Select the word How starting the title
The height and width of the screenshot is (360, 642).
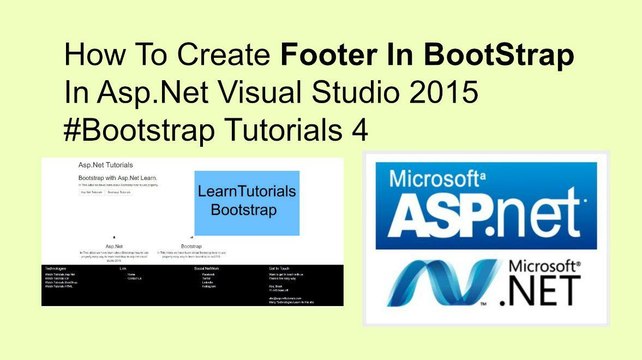point(96,55)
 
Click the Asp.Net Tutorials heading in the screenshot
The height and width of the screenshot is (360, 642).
point(105,164)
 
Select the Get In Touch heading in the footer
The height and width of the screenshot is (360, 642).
point(280,269)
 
